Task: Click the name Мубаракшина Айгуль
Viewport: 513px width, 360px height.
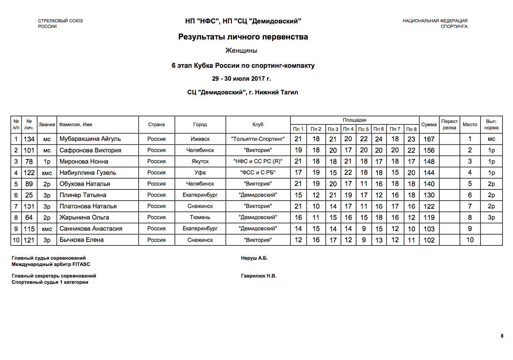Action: pos(90,139)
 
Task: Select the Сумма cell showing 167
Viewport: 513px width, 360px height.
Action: pos(429,139)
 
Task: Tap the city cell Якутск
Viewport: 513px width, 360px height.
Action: pos(200,161)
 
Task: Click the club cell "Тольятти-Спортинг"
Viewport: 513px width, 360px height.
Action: pos(258,139)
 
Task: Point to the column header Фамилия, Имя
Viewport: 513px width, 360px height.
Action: pos(75,124)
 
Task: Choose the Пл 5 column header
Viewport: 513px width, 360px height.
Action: pos(363,129)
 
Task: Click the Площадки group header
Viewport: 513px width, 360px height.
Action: pos(354,120)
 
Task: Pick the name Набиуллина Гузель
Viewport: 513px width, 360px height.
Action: pos(88,173)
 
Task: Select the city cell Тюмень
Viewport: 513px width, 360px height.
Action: pos(200,217)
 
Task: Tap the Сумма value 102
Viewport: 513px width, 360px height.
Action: pos(429,240)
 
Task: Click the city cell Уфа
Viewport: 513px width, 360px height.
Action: pos(200,173)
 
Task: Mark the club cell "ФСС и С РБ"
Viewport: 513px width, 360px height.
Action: pos(258,173)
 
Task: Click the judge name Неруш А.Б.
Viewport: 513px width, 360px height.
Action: pos(254,258)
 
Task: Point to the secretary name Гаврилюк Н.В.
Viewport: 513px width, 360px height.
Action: pos(259,276)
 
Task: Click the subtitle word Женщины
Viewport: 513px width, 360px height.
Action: pos(241,51)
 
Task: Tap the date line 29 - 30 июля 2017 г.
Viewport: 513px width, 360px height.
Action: pos(241,79)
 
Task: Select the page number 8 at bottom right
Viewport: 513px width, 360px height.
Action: pos(502,336)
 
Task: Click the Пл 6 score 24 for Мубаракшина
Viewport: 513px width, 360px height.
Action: pos(379,139)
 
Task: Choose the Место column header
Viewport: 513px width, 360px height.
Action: pos(470,124)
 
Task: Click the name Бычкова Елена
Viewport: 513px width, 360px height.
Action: pos(81,240)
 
